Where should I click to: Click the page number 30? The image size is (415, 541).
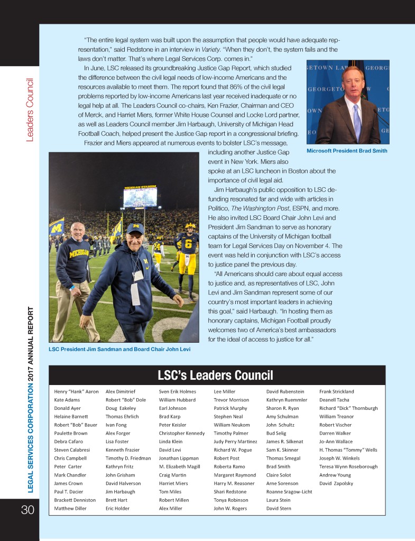(27, 509)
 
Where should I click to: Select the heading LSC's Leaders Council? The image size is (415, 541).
(215, 375)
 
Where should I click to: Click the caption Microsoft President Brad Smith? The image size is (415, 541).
(347, 151)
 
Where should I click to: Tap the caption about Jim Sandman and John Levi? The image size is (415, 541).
(119, 349)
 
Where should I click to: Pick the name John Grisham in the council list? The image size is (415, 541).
(120, 475)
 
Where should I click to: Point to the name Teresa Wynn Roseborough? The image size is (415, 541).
(348, 466)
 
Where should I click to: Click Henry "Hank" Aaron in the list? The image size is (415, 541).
(76, 391)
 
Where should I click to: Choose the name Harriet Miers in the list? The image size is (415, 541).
(173, 483)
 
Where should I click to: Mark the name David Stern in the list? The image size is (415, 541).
(279, 508)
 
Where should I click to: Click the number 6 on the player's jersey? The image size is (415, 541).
(188, 246)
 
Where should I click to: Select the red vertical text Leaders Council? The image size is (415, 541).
(30, 111)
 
